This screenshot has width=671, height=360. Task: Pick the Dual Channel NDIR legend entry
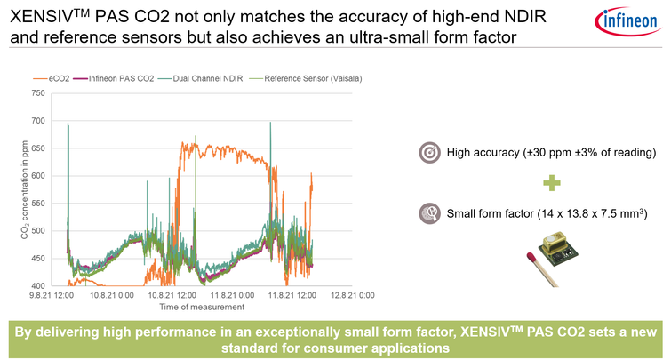click(x=206, y=78)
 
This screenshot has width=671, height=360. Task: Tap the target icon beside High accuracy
click(x=429, y=152)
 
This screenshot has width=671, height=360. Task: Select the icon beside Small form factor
click(x=429, y=212)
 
